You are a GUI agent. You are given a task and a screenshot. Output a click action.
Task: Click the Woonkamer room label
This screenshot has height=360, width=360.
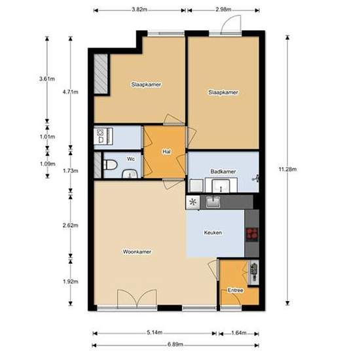tap(137, 251)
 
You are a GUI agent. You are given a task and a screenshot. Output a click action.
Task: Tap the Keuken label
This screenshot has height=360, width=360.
tap(213, 232)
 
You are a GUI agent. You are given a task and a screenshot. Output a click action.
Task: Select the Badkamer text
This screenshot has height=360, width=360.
tap(223, 171)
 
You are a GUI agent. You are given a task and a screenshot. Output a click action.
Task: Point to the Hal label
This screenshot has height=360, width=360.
tap(166, 152)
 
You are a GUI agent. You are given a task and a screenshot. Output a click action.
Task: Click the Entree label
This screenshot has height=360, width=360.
tap(236, 290)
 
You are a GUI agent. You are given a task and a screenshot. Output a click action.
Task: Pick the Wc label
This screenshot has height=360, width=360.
tap(131, 159)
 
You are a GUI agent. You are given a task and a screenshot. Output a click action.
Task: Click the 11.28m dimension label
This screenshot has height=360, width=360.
tap(287, 170)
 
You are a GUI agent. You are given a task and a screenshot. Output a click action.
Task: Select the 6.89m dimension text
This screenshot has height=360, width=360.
tap(175, 344)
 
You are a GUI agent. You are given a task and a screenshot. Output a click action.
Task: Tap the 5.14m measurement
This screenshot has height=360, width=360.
tap(154, 333)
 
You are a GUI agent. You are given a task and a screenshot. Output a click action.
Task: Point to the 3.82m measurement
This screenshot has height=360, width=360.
tap(139, 10)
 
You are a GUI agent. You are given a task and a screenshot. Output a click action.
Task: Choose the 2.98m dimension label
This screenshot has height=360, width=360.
tap(223, 10)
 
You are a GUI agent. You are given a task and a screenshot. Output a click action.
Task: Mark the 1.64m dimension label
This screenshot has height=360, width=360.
tap(239, 333)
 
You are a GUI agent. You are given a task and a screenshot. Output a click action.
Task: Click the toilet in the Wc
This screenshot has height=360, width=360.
tap(111, 165)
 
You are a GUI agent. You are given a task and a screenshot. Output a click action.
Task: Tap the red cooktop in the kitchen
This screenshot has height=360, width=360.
tap(252, 234)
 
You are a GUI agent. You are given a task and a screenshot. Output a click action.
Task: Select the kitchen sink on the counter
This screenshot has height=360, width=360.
tap(213, 202)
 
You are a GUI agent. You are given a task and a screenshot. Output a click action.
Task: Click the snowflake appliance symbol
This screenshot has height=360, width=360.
tap(193, 202)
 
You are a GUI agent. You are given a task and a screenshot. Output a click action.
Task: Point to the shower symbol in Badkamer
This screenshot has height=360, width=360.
tap(256, 178)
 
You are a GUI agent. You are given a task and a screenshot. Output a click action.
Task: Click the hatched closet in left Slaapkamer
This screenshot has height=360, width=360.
tap(101, 74)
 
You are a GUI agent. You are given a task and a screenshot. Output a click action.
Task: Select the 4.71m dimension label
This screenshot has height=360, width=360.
tap(71, 92)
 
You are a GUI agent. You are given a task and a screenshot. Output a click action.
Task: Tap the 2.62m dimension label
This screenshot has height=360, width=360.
tap(71, 225)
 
